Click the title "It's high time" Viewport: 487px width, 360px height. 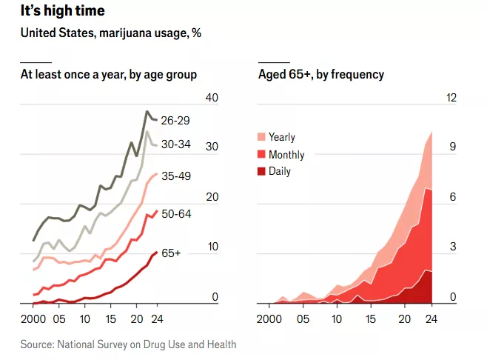(63, 11)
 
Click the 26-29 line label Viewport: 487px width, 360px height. (176, 120)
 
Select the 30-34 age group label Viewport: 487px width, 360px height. (176, 145)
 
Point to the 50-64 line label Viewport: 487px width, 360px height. (176, 213)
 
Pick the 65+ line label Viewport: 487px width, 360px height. (171, 253)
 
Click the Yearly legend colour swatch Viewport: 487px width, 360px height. (261, 137)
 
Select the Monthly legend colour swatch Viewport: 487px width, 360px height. (261, 154)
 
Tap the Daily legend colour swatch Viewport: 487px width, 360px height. (261, 171)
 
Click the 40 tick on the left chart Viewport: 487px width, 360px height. (212, 99)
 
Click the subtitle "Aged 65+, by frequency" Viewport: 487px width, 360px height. (321, 74)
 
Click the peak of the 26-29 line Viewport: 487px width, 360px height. (147, 111)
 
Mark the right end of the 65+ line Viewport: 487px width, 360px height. (155, 253)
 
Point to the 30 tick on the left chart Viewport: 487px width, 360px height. (212, 147)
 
